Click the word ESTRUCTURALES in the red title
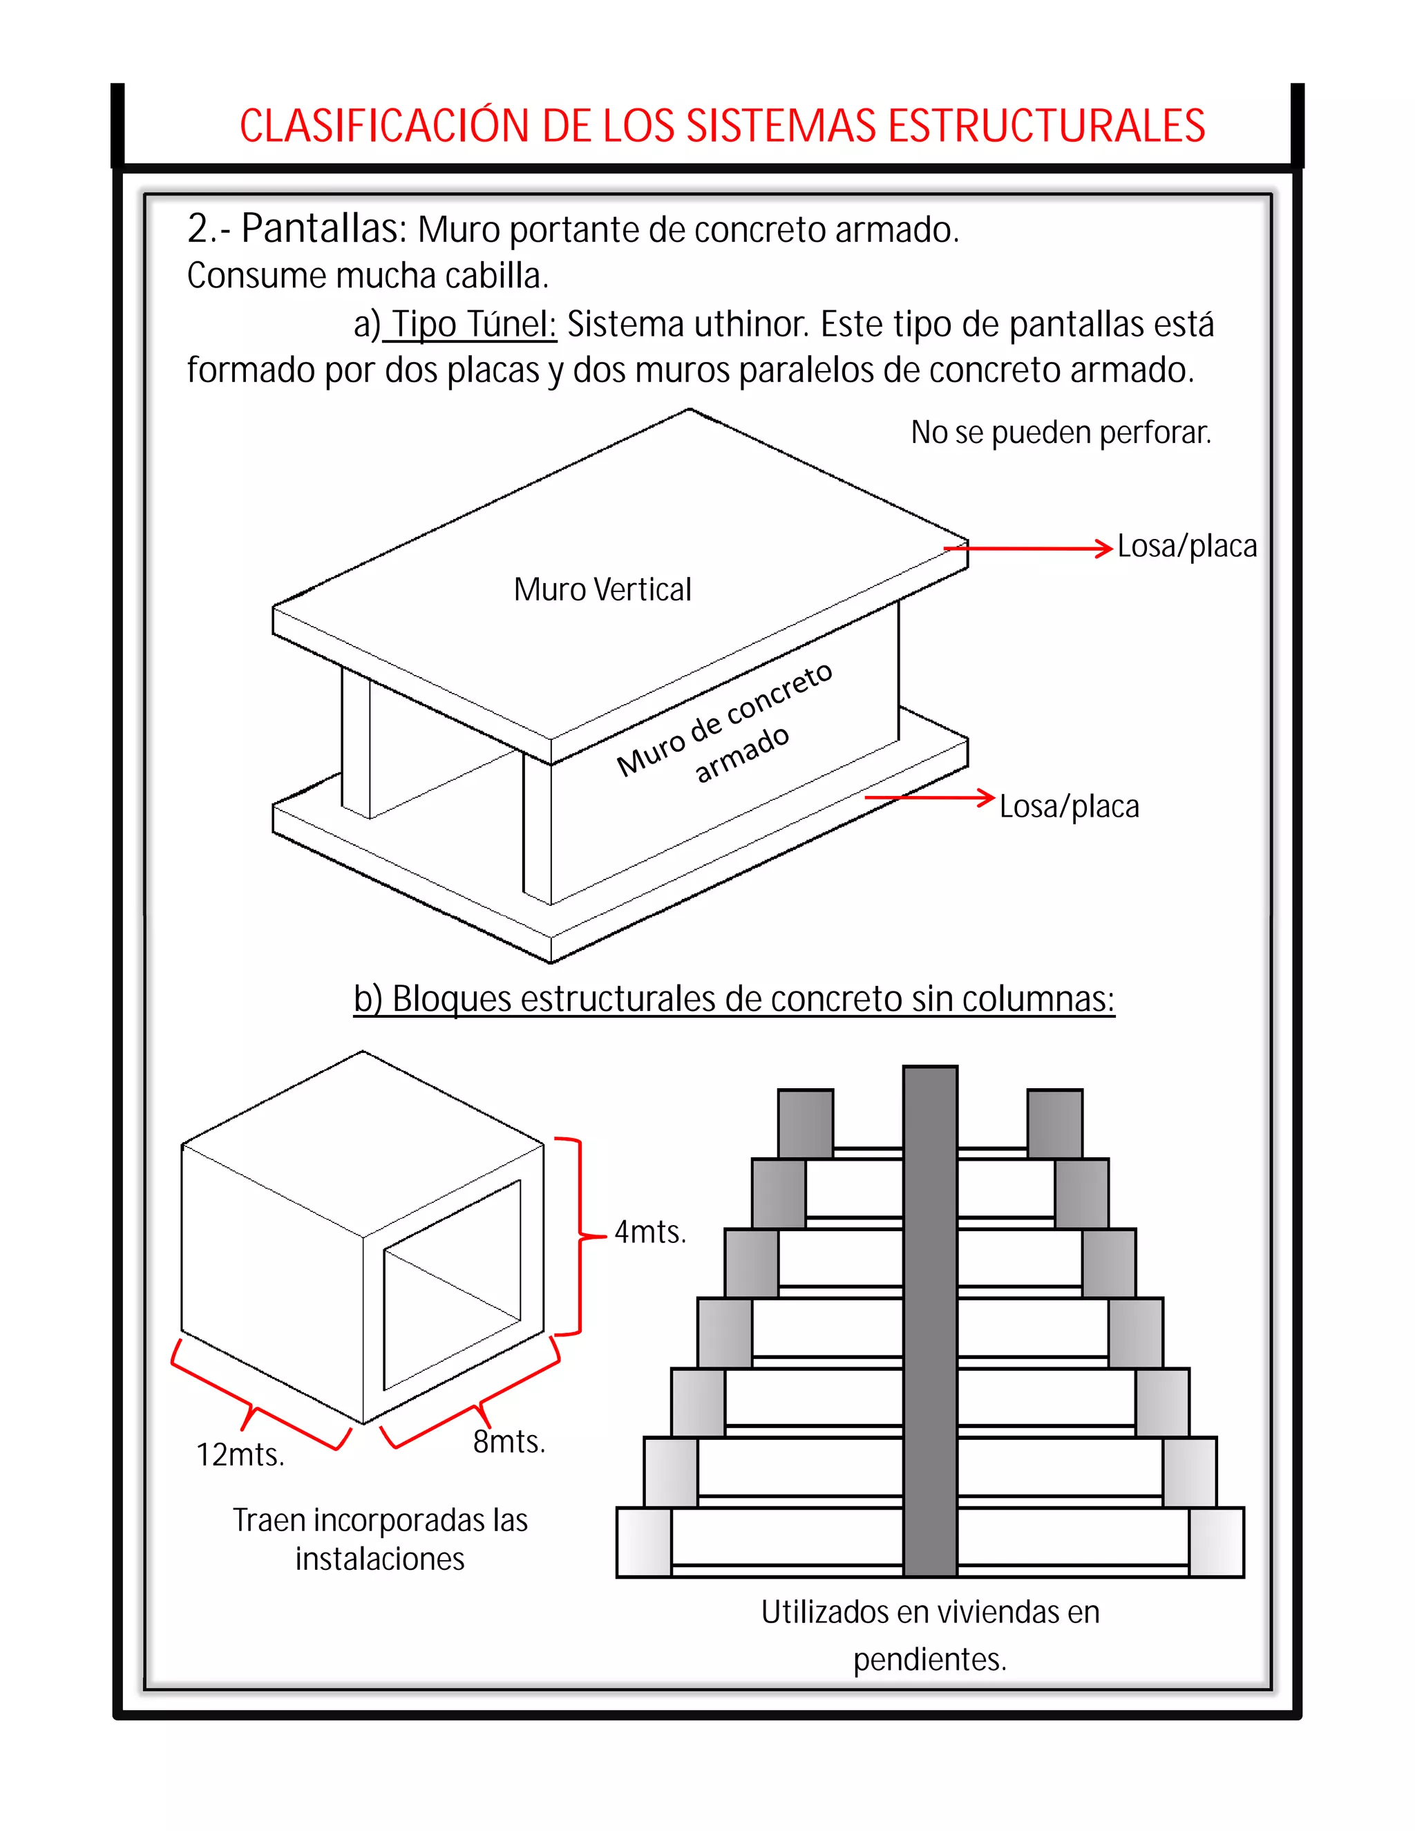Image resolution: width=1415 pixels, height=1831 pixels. click(1045, 126)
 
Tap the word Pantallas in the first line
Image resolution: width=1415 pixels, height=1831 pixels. click(323, 229)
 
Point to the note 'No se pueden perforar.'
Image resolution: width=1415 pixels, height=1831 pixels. click(1061, 433)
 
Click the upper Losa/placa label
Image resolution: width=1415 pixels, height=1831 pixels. click(1186, 547)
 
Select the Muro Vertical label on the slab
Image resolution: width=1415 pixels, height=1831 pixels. click(602, 589)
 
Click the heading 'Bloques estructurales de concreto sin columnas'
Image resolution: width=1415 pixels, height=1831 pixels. click(734, 999)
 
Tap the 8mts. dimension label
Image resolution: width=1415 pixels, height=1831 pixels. click(509, 1442)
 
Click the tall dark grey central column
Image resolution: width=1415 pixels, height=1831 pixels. click(930, 1320)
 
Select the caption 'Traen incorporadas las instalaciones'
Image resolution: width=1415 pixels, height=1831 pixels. click(380, 1539)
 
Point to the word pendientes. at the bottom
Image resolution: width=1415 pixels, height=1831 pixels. click(930, 1660)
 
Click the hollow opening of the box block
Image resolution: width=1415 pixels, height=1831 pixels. click(451, 1282)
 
